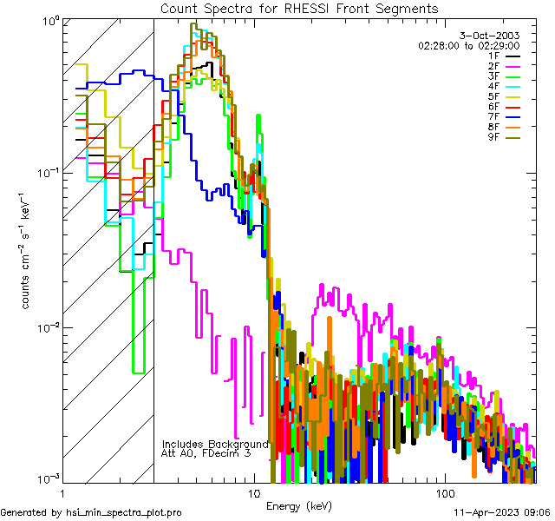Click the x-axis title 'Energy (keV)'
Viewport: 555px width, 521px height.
(297, 505)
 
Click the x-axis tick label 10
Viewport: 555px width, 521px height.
(253, 492)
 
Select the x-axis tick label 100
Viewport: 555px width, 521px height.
(444, 492)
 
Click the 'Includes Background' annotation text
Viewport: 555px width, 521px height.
(215, 443)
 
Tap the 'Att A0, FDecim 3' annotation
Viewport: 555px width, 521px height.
(207, 453)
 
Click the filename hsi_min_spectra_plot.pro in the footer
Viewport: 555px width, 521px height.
(124, 512)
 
